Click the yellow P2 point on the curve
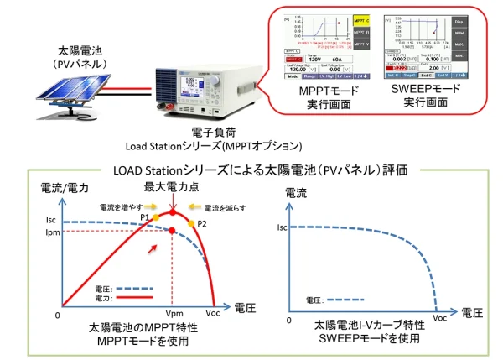tap(190, 223)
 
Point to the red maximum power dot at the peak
tap(171, 212)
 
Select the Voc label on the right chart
tap(440, 318)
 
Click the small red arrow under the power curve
tap(151, 248)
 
